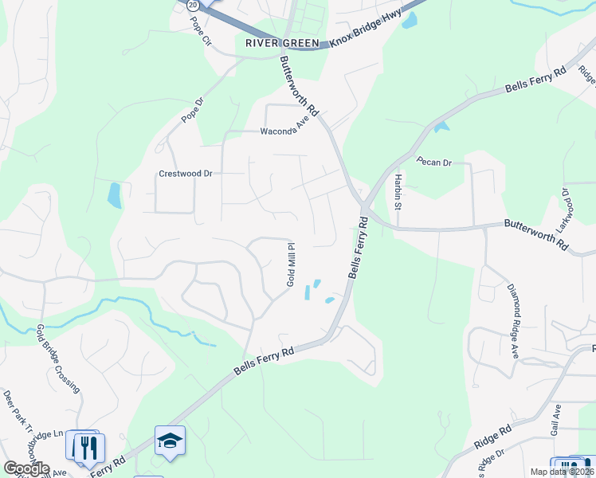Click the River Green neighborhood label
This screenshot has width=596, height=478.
[282, 43]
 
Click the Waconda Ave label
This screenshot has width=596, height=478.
[284, 128]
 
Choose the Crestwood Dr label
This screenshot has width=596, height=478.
[186, 173]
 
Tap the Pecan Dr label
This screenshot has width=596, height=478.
[434, 162]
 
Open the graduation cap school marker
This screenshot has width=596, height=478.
[170, 440]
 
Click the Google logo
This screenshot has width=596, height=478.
[25, 468]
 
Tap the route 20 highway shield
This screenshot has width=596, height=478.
[192, 5]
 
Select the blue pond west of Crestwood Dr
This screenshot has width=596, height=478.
[115, 194]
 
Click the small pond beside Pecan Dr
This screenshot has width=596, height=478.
[441, 126]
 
